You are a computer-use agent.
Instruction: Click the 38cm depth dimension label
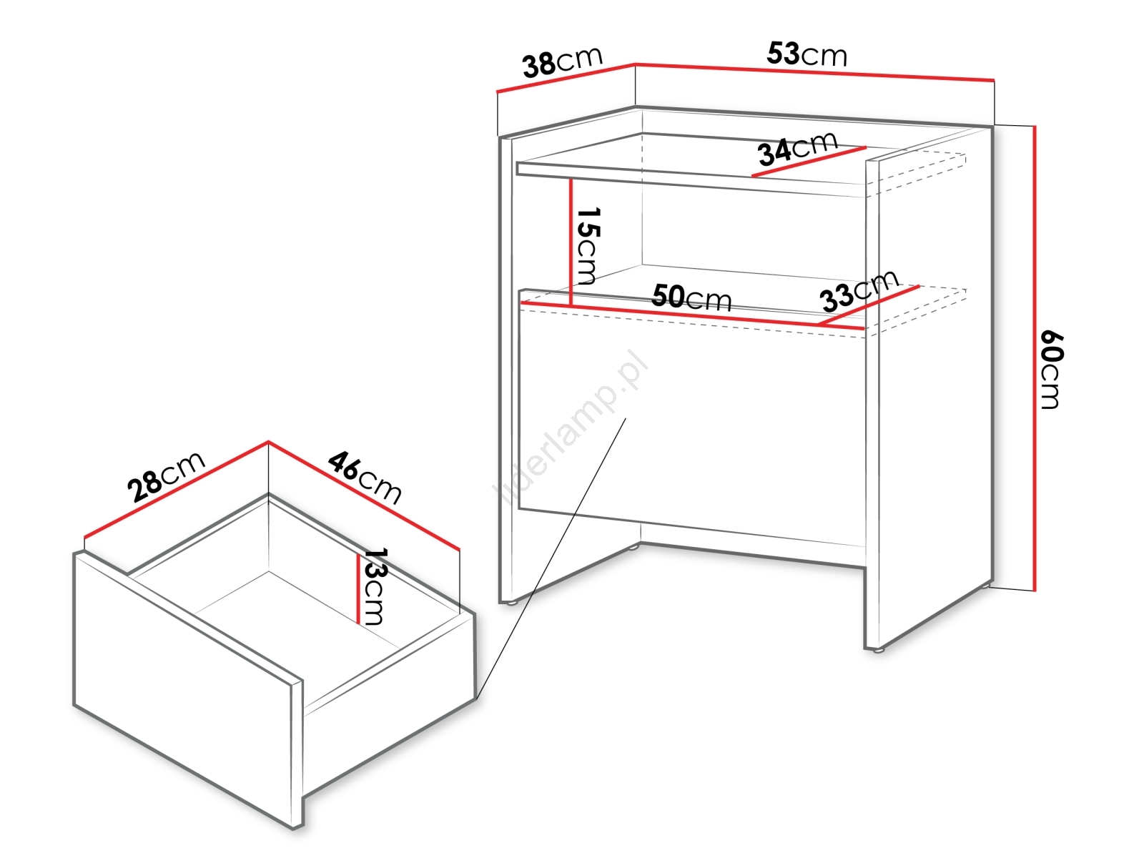coord(563,61)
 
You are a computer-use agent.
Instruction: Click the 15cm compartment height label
coord(588,247)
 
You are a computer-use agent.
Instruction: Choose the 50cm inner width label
coord(691,297)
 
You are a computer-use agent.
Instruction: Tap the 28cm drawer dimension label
coord(167,477)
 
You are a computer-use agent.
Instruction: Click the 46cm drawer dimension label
coord(365,478)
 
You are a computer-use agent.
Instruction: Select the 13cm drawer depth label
coord(376,586)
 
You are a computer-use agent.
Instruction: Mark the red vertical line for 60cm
coord(1034,358)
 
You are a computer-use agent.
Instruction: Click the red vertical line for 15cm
coord(571,242)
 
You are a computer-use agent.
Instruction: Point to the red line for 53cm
coord(814,72)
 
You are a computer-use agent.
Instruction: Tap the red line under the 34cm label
coord(809,162)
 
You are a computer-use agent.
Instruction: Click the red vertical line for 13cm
coord(359,589)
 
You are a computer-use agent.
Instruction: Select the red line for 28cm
coord(176,488)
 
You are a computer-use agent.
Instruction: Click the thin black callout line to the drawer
coord(551,558)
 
